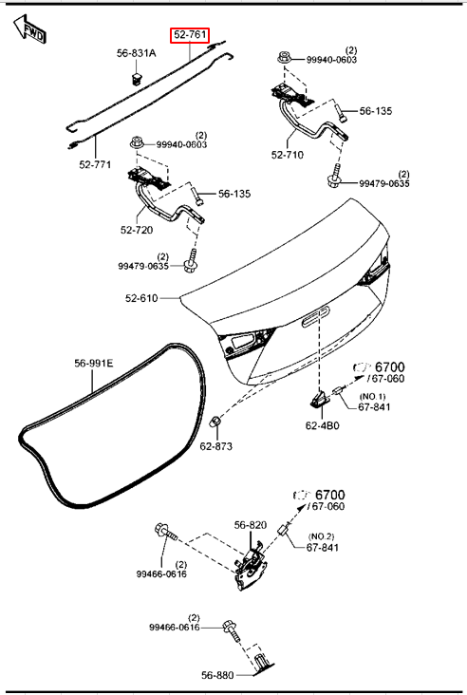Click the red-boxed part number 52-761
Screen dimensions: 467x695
[x=190, y=34]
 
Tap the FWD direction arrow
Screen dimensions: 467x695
[x=29, y=28]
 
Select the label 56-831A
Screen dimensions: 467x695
[x=137, y=53]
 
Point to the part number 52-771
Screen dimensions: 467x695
[x=95, y=164]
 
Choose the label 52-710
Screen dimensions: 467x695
[x=288, y=155]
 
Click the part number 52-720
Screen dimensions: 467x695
[x=137, y=230]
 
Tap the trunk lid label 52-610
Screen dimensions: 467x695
[x=141, y=298]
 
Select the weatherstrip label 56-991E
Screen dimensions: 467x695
[x=93, y=364]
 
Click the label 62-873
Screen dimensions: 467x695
[x=215, y=446]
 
